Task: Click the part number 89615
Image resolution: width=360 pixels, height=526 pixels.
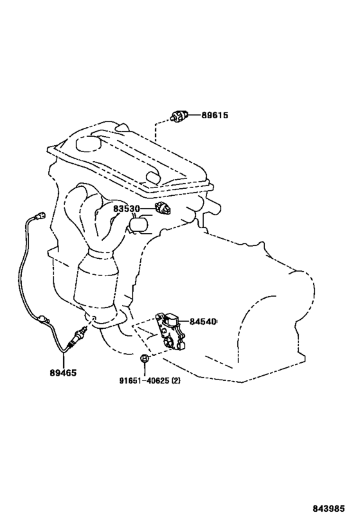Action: coord(215,116)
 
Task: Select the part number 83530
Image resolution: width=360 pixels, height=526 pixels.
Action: coord(126,209)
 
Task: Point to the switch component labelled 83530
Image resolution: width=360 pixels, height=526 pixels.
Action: coord(163,209)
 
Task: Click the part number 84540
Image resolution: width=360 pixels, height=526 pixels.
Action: coord(202,322)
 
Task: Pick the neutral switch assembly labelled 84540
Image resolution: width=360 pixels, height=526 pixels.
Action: coord(170,332)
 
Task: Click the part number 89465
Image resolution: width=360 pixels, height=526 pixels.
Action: coord(63,373)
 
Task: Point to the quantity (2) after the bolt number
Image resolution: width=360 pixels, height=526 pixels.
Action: coord(175,381)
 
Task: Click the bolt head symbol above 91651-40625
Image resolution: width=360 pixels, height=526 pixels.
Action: coord(144,358)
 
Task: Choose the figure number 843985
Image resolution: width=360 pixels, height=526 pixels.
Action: coord(328,509)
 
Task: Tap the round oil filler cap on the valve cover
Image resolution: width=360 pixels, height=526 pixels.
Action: coord(89,143)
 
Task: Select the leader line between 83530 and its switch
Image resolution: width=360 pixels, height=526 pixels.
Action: coord(148,209)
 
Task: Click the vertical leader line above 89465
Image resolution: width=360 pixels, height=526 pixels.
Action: coord(63,359)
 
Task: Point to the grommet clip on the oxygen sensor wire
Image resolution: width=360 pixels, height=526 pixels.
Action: coord(42,319)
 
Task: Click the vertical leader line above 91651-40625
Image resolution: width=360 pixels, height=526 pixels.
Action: coord(145,369)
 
